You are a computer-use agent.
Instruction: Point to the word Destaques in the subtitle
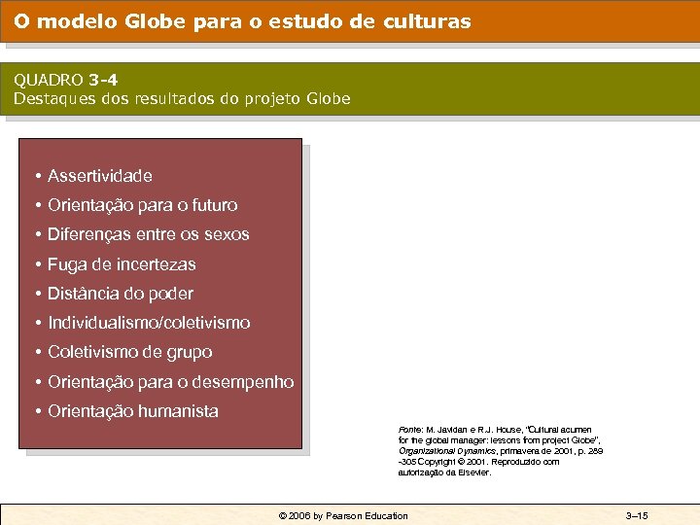point(53,99)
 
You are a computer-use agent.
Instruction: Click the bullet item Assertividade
point(100,176)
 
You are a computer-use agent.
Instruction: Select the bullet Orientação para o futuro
point(142,205)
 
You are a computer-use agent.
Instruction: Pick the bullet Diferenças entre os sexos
point(148,234)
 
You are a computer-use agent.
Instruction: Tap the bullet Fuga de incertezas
point(122,264)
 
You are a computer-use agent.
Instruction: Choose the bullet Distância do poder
point(121,294)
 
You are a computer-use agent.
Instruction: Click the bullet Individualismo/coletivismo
point(149,323)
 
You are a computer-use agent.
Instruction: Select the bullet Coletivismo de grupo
point(129,352)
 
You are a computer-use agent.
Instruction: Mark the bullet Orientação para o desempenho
point(170,381)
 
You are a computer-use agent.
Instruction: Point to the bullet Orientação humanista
point(133,411)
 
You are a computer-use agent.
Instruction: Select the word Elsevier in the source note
point(473,472)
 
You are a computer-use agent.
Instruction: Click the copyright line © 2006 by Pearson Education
point(343,515)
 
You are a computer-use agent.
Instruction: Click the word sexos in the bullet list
point(227,234)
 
